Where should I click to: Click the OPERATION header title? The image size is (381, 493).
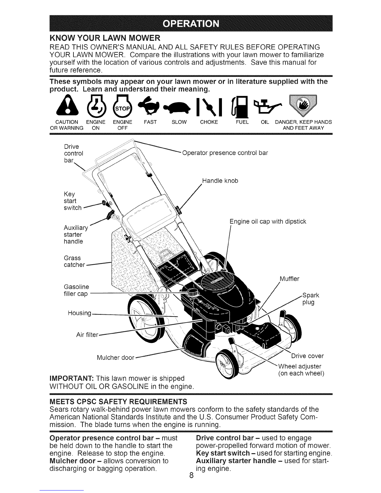[191, 23]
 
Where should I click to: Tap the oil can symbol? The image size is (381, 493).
[268, 106]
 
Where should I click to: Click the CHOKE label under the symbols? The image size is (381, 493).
[209, 122]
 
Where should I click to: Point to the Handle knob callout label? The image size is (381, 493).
[220, 181]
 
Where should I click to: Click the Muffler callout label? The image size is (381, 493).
[289, 279]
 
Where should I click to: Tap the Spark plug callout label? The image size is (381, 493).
[310, 298]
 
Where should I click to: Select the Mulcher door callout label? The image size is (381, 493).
[115, 358]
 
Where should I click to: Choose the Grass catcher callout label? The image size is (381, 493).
[74, 261]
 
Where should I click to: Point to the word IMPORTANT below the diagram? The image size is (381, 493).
[72, 378]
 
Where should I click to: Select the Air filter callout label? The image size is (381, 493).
[87, 335]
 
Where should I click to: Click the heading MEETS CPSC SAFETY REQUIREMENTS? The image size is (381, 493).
[118, 402]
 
